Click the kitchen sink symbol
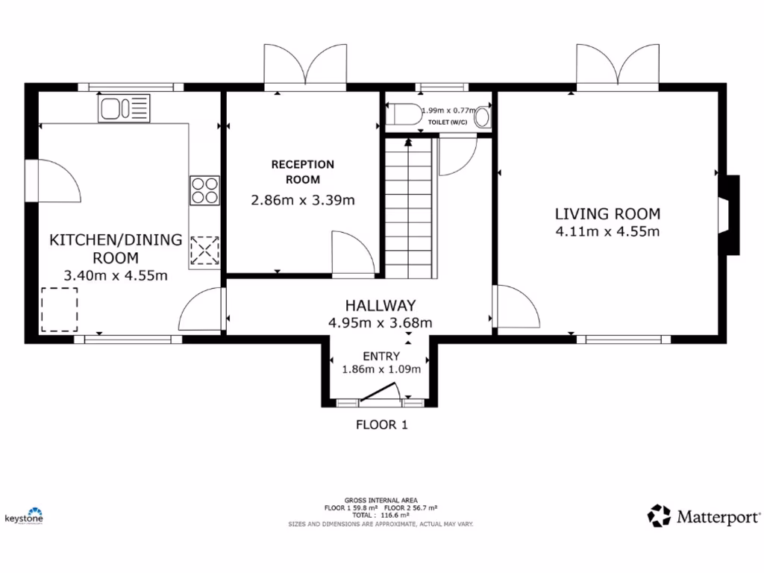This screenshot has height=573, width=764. tap(124, 109)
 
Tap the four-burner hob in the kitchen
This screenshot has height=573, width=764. tap(204, 190)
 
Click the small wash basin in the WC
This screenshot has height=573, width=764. tap(483, 117)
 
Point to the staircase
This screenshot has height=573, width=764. tap(409, 209)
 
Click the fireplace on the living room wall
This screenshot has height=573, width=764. tap(728, 216)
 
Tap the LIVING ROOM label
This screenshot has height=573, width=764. tap(607, 214)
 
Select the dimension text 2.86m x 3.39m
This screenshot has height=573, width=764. tap(302, 199)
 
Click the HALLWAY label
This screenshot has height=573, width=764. tap(380, 305)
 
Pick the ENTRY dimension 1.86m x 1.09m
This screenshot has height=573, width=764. tap(381, 369)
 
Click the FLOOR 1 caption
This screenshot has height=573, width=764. tap(381, 425)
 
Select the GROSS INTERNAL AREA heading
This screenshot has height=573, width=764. tap(381, 500)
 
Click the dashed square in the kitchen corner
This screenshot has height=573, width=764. tap(60, 310)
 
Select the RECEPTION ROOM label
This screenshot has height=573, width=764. tap(302, 172)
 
